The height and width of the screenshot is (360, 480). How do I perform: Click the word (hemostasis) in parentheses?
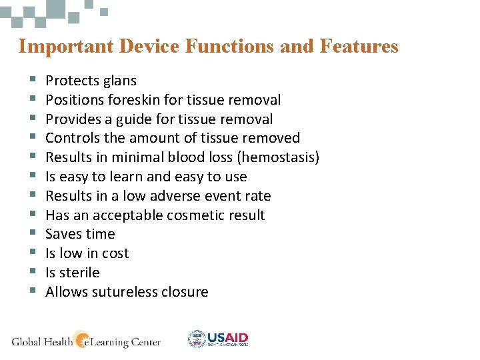(x=279, y=158)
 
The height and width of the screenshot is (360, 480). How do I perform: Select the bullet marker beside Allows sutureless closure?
(x=31, y=292)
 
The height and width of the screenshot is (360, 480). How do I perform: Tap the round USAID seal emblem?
(x=197, y=339)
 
